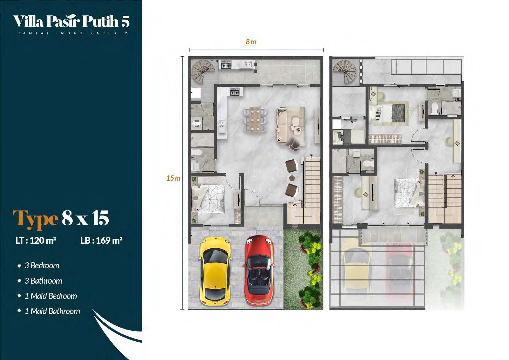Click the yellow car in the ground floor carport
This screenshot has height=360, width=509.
pyautogui.click(x=215, y=272)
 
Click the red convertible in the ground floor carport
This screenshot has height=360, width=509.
pyautogui.click(x=259, y=270)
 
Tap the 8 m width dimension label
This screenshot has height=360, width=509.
pyautogui.click(x=251, y=42)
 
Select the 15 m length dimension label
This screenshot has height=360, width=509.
pyautogui.click(x=173, y=178)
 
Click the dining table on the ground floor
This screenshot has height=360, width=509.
pyautogui.click(x=255, y=120)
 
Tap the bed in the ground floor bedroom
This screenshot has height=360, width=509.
pyautogui.click(x=208, y=199)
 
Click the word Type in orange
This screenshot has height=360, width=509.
pyautogui.click(x=36, y=219)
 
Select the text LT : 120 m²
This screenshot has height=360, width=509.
pyautogui.click(x=36, y=240)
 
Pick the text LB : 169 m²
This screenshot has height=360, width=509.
pyautogui.click(x=101, y=240)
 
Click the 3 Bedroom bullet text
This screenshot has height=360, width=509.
pyautogui.click(x=42, y=266)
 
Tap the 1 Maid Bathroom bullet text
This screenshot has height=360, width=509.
pyautogui.click(x=52, y=311)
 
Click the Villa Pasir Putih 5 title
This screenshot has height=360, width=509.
pyautogui.click(x=71, y=21)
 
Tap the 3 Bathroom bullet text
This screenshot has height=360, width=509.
pyautogui.click(x=43, y=281)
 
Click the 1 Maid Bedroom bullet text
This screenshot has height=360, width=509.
pyautogui.click(x=51, y=296)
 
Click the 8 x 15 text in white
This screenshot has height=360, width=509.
pyautogui.click(x=85, y=218)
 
